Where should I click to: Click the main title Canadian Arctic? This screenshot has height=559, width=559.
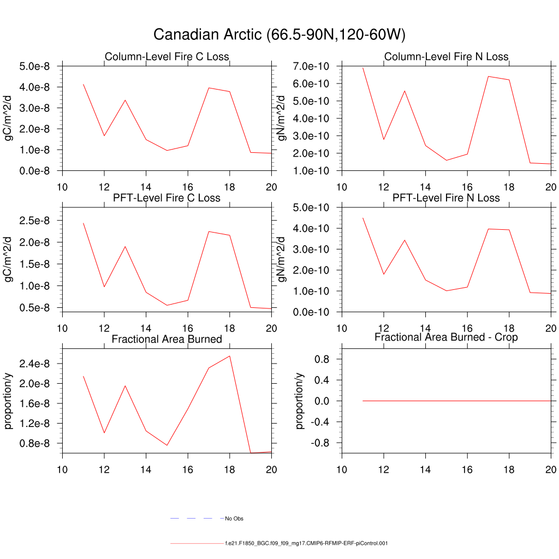coord(279,35)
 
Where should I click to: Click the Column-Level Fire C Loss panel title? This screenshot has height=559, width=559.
coord(166,57)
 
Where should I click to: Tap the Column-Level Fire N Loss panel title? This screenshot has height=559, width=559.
coord(446,57)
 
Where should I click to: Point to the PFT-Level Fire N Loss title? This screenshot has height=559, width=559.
coord(446,198)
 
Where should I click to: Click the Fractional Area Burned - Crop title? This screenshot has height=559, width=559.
coord(446,337)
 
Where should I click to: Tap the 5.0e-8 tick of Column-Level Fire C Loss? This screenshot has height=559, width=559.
coord(34,67)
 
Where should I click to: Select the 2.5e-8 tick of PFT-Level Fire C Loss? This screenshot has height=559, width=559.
coord(34,221)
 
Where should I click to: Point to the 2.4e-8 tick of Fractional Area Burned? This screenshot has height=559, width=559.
coord(34,364)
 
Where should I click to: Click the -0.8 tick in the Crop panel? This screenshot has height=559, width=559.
coord(320,443)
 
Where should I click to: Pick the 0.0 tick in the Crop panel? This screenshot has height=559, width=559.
coord(322,401)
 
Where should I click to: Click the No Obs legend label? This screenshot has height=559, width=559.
coord(234,518)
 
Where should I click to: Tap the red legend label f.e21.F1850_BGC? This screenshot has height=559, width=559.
coord(306,543)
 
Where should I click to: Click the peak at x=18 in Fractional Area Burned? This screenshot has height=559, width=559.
coord(230,356)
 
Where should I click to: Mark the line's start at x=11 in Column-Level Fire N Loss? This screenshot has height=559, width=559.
coord(363,68)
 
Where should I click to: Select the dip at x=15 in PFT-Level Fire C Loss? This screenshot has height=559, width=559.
coord(167,305)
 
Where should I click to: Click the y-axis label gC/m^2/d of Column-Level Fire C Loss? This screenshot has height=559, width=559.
coord(9,118)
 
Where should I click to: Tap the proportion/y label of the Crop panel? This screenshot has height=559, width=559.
coord(299,401)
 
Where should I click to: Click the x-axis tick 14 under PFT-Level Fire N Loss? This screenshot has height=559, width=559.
coord(425,328)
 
